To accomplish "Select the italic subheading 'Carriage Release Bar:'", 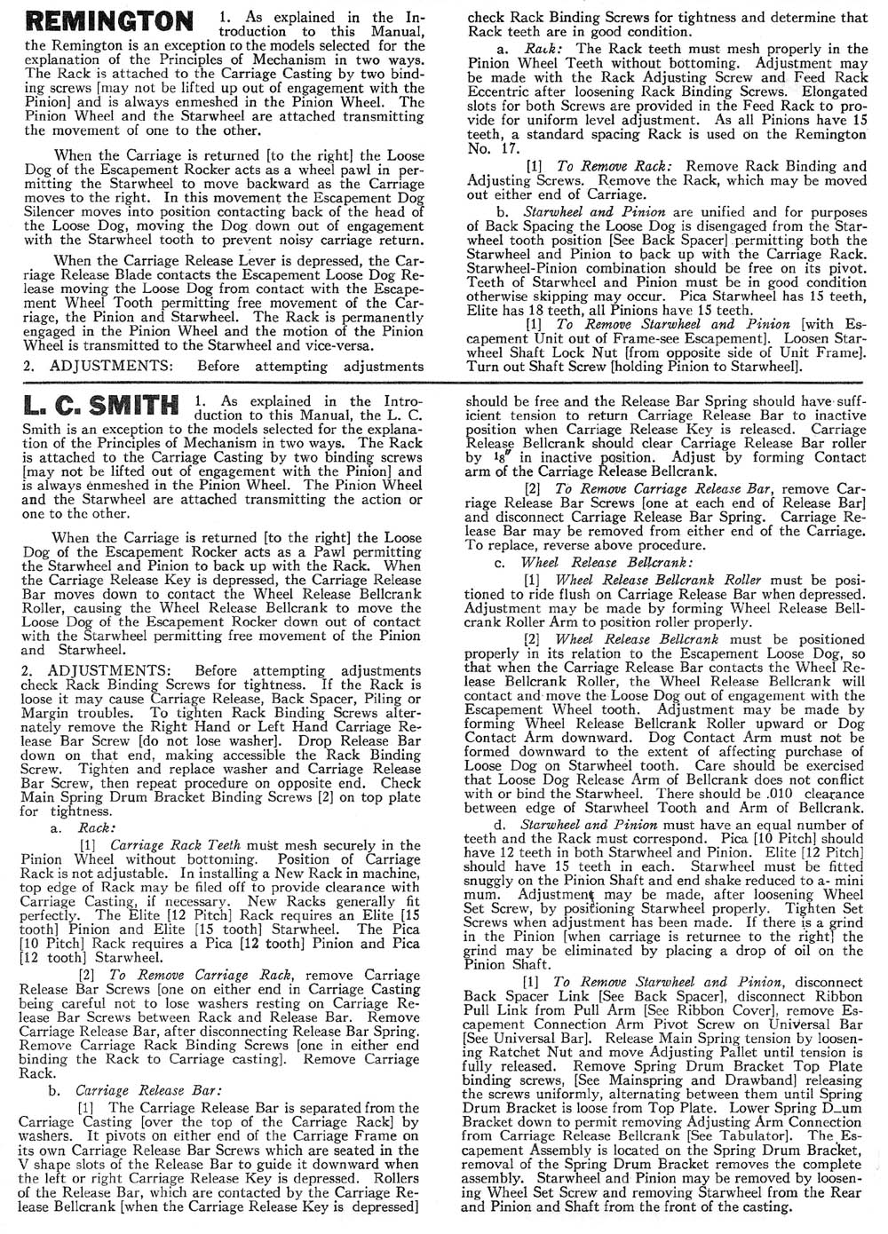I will (148, 1090).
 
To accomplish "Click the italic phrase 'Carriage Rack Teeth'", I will (176, 845).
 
